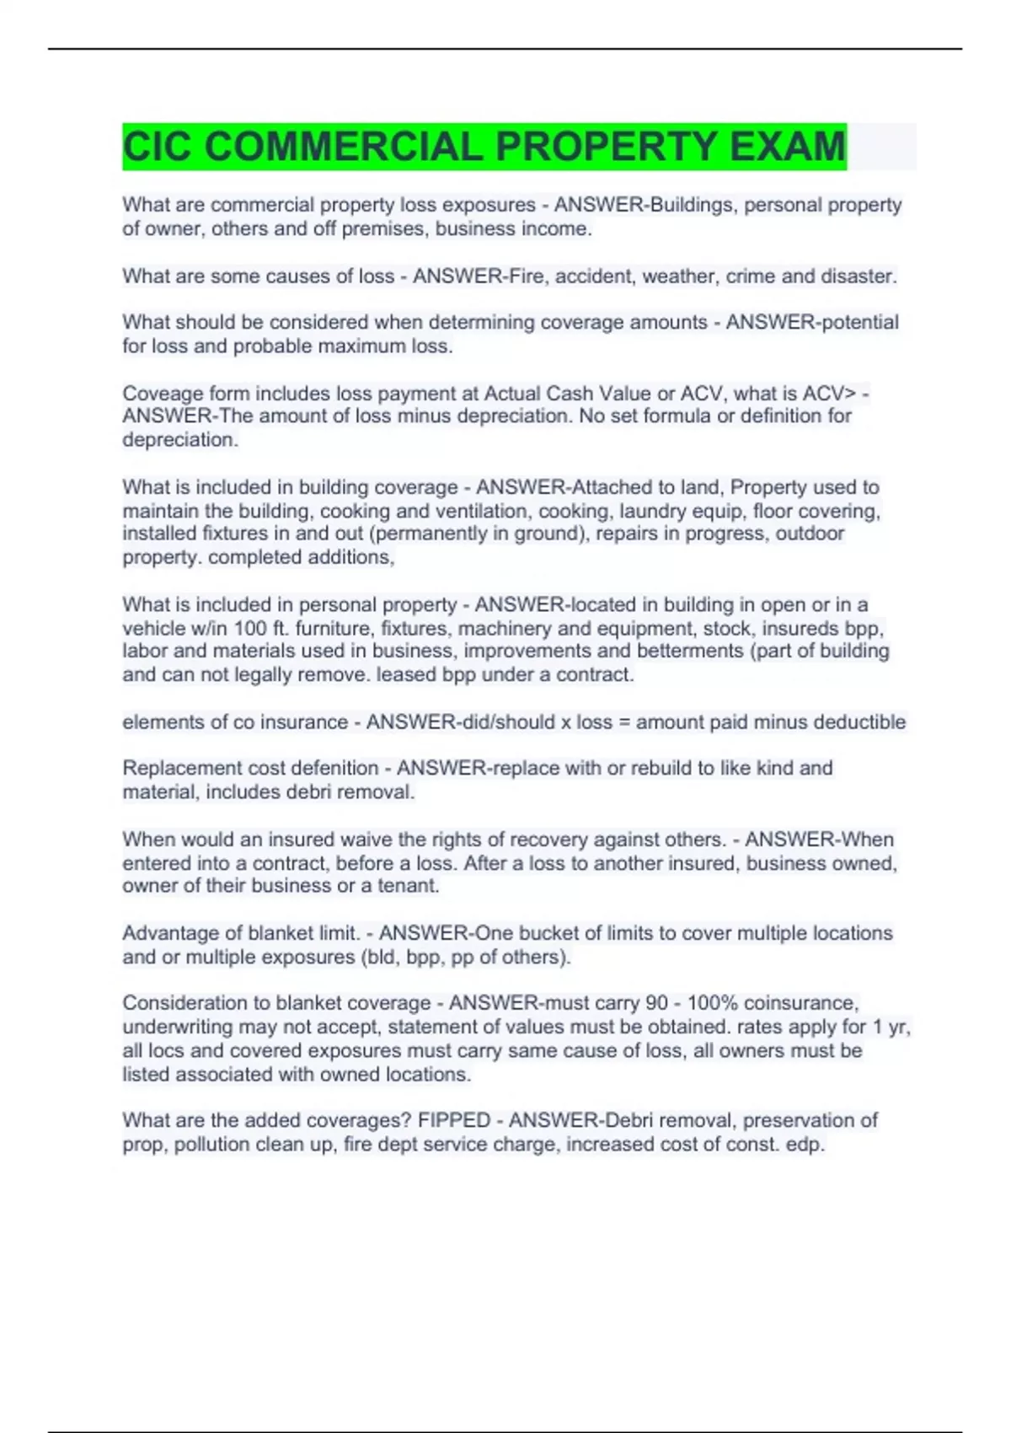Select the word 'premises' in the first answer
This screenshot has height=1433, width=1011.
click(385, 228)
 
